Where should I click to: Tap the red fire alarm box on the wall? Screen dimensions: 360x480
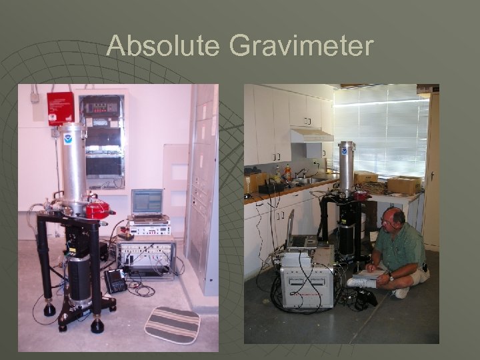coord(61,108)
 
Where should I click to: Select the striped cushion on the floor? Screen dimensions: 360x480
coord(173,324)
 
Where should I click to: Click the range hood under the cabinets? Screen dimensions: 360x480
coord(312,135)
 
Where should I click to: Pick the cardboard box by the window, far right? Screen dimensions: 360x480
coord(404,184)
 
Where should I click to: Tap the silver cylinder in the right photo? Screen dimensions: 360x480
coord(346,167)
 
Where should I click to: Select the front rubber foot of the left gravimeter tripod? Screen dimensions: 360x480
coord(97,326)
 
